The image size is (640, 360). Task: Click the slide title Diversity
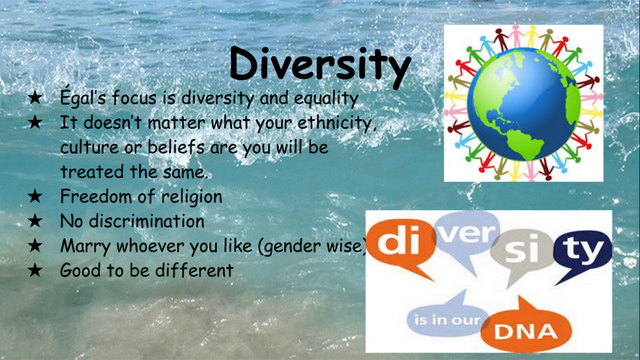[321, 65]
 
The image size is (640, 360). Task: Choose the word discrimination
[146, 221]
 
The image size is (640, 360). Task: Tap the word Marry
[85, 246]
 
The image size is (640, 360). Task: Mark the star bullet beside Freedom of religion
[35, 196]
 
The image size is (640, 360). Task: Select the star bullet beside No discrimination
[35, 221]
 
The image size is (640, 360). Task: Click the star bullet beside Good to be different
[35, 270]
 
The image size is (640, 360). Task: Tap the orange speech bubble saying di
[401, 243]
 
